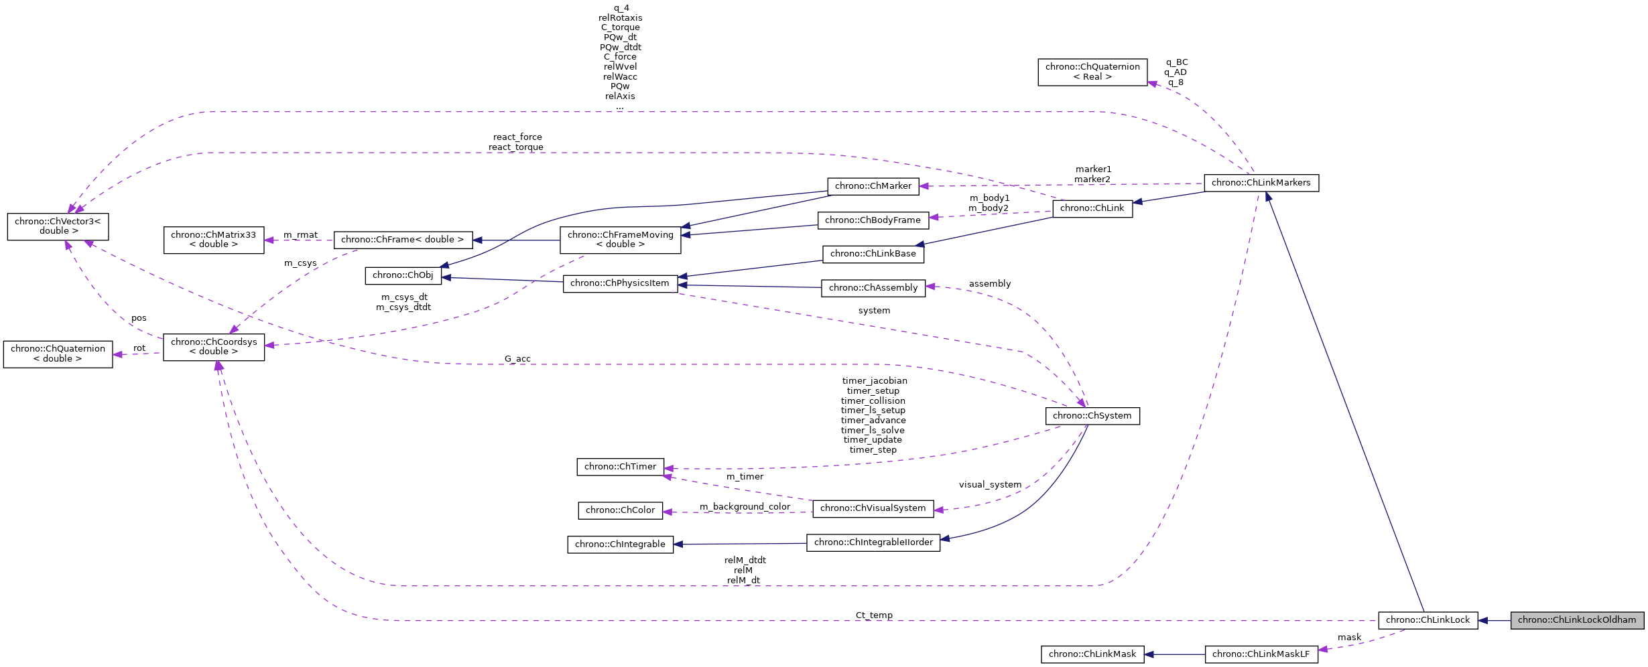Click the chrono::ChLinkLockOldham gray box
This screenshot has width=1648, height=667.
tap(1576, 620)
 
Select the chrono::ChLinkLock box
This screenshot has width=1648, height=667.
tap(1427, 620)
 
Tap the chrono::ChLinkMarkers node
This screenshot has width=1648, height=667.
tap(1261, 183)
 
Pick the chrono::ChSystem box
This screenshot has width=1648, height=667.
tap(1092, 416)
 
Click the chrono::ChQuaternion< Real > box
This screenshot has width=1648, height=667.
tap(1092, 72)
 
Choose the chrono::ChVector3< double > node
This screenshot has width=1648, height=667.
tap(58, 226)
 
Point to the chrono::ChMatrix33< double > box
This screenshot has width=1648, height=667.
tap(213, 240)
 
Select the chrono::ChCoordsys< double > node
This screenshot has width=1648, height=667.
tap(213, 347)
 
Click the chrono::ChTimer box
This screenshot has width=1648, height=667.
tap(620, 467)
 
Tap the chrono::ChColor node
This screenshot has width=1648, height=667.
tap(620, 510)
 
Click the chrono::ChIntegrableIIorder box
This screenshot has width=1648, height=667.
tap(873, 542)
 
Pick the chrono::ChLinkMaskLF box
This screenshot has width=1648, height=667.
tap(1261, 654)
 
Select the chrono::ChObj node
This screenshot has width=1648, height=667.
tap(403, 275)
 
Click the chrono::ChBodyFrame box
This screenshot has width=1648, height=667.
tap(873, 220)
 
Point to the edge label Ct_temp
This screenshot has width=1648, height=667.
tap(874, 615)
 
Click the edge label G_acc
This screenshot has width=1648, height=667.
tap(517, 359)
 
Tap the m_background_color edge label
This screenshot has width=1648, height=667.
tap(745, 507)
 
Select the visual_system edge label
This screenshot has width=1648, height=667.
tap(990, 485)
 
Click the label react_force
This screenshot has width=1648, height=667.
tap(517, 137)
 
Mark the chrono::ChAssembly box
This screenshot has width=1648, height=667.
tap(873, 288)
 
